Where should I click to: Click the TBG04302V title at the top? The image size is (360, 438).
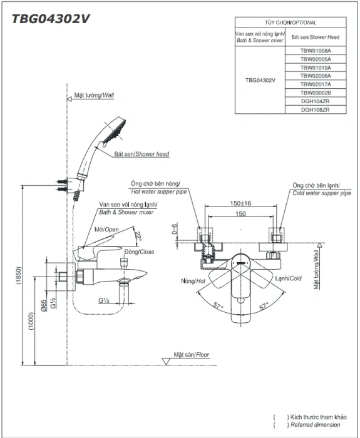[x=51, y=19]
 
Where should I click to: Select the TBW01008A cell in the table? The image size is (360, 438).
[x=316, y=51]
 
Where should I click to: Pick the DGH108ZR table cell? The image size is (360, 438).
[x=316, y=109]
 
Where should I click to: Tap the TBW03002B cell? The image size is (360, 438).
[x=316, y=93]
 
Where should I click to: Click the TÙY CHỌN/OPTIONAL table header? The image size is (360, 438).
[x=291, y=23]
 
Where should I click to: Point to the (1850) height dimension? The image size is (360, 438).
[x=18, y=275]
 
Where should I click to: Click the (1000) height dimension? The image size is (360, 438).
[x=31, y=320]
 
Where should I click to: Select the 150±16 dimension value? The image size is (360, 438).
[x=240, y=203]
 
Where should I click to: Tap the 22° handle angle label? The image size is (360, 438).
[x=138, y=237]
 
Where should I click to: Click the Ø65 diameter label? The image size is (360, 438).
[x=44, y=305]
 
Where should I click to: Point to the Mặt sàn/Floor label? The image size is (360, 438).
[x=191, y=355]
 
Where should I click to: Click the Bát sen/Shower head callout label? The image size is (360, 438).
[x=141, y=154]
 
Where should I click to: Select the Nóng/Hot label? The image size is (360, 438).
[x=193, y=281]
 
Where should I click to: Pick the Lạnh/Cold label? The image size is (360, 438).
[x=288, y=278]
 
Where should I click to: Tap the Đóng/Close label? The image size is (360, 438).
[x=139, y=252]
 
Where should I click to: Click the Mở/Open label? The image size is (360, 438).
[x=106, y=230]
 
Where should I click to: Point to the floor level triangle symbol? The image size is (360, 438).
[x=167, y=361]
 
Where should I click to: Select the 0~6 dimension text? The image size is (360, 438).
[x=174, y=229]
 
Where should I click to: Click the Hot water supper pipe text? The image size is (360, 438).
[x=159, y=191]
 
